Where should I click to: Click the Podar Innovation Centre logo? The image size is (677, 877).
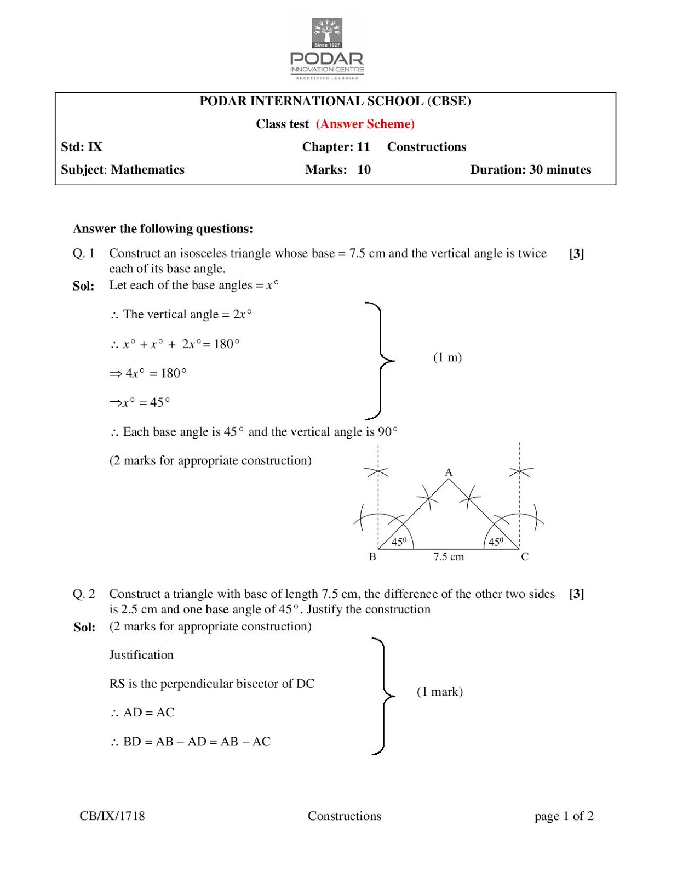pos(327,48)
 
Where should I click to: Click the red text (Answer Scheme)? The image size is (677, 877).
pos(365,124)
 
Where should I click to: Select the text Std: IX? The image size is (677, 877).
pos(81,147)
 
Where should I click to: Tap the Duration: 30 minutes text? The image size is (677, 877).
pos(530,170)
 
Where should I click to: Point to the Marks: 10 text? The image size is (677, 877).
pos(337,170)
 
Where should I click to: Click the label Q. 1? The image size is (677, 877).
pos(84,253)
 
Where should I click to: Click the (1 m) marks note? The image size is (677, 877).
pos(447,357)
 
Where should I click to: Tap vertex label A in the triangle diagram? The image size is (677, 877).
pos(448,472)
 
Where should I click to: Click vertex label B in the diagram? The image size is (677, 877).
pos(372,557)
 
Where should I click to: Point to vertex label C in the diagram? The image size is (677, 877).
pos(524,557)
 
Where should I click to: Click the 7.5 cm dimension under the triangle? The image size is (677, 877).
pos(449,557)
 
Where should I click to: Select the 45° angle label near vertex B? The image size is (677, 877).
pos(399,542)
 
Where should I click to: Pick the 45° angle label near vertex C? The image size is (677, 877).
pos(496,542)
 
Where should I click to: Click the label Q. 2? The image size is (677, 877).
pos(84,594)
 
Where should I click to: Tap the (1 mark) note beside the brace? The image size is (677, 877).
pos(439,692)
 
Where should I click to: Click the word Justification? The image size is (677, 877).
pos(141,655)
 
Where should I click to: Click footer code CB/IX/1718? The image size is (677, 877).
pos(112,816)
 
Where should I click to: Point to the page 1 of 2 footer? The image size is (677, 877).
pos(564,816)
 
